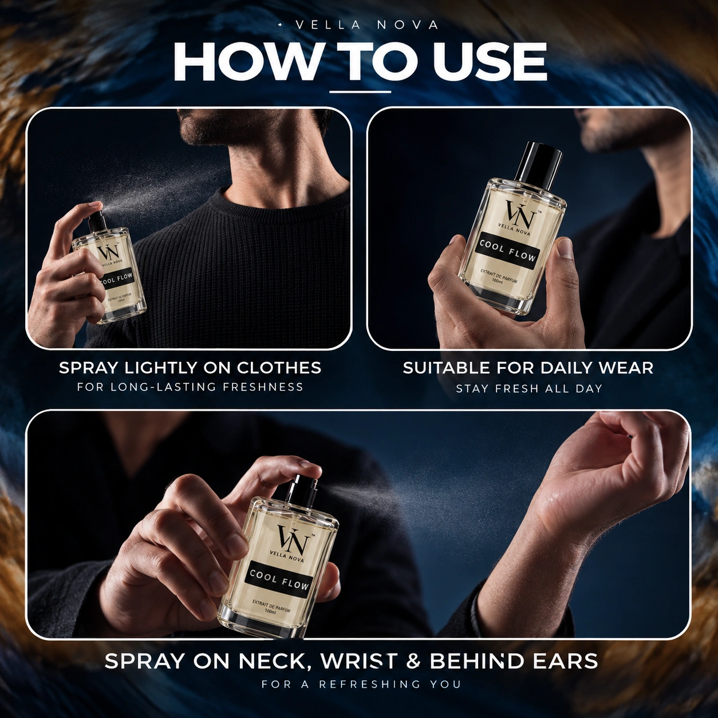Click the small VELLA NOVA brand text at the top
[366, 25]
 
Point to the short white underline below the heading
[360, 92]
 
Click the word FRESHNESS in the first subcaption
[263, 386]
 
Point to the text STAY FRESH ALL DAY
[529, 389]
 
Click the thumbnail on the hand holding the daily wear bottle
[566, 248]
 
